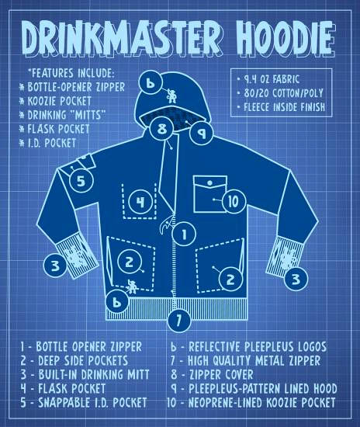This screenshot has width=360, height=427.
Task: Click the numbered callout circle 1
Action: pyautogui.click(x=184, y=234)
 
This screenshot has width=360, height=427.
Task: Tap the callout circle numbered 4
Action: pyautogui.click(x=140, y=202)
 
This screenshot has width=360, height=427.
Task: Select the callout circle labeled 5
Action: pyautogui.click(x=81, y=181)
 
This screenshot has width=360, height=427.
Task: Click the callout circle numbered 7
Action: pyautogui.click(x=179, y=320)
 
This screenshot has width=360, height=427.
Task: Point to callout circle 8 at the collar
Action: pyautogui.click(x=162, y=128)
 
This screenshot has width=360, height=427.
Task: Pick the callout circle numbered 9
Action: pyautogui.click(x=202, y=133)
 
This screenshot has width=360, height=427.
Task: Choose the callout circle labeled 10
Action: pyautogui.click(x=234, y=202)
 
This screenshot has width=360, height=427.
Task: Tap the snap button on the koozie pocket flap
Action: pyautogui.click(x=209, y=183)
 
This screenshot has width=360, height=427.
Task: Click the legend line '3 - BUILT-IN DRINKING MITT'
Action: pyautogui.click(x=85, y=374)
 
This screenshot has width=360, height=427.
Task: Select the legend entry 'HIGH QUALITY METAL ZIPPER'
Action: pyautogui.click(x=254, y=360)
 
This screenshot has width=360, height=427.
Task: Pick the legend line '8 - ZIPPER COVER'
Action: pyautogui.click(x=212, y=374)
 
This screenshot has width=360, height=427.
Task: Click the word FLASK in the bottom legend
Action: pyautogui.click(x=53, y=388)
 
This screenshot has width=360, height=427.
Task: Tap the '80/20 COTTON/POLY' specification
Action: pyautogui.click(x=283, y=93)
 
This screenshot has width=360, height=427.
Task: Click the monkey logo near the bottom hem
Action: pyautogui.click(x=132, y=286)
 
